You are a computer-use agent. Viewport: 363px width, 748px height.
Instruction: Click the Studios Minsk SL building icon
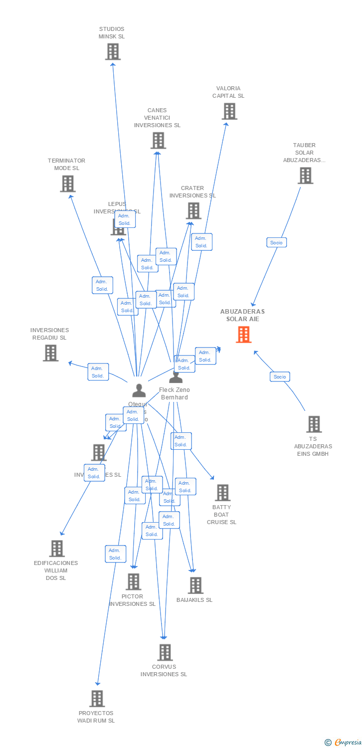pyautogui.click(x=113, y=51)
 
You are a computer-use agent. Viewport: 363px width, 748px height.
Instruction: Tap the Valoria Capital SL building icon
pyautogui.click(x=229, y=111)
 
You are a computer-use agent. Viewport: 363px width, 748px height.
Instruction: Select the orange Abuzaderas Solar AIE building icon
pyautogui.click(x=244, y=335)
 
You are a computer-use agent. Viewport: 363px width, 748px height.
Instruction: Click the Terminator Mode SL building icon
pyautogui.click(x=67, y=184)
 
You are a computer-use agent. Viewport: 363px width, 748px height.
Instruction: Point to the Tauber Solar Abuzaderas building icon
pyautogui.click(x=305, y=176)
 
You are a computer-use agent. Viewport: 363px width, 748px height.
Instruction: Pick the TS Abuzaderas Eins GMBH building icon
pyautogui.click(x=314, y=424)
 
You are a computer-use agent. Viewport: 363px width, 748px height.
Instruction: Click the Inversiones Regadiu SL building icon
pyautogui.click(x=50, y=353)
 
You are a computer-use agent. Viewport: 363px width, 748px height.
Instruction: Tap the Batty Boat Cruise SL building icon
pyautogui.click(x=222, y=493)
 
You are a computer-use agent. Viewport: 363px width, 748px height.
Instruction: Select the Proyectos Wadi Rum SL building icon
pyautogui.click(x=97, y=699)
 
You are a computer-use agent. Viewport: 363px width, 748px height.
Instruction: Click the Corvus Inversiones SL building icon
pyautogui.click(x=165, y=652)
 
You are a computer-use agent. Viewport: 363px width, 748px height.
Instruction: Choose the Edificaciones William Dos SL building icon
pyautogui.click(x=57, y=549)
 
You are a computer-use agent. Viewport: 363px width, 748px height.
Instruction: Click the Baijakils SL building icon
pyautogui.click(x=195, y=585)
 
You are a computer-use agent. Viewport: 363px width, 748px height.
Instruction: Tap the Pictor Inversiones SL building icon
pyautogui.click(x=133, y=582)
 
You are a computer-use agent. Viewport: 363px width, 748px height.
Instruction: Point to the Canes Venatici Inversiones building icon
pyautogui.click(x=158, y=141)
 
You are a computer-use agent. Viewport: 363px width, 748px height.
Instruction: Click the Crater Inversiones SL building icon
pyautogui.click(x=193, y=211)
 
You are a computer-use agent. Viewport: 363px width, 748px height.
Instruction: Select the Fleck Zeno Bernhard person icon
pyautogui.click(x=176, y=377)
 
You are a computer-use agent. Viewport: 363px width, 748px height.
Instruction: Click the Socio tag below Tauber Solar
pyautogui.click(x=276, y=243)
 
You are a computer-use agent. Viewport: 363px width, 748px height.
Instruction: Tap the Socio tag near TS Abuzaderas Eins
pyautogui.click(x=280, y=377)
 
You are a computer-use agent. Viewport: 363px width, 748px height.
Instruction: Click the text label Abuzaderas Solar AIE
pyautogui.click(x=243, y=315)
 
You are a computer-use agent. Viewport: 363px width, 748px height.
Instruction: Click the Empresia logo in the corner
pyautogui.click(x=344, y=743)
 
